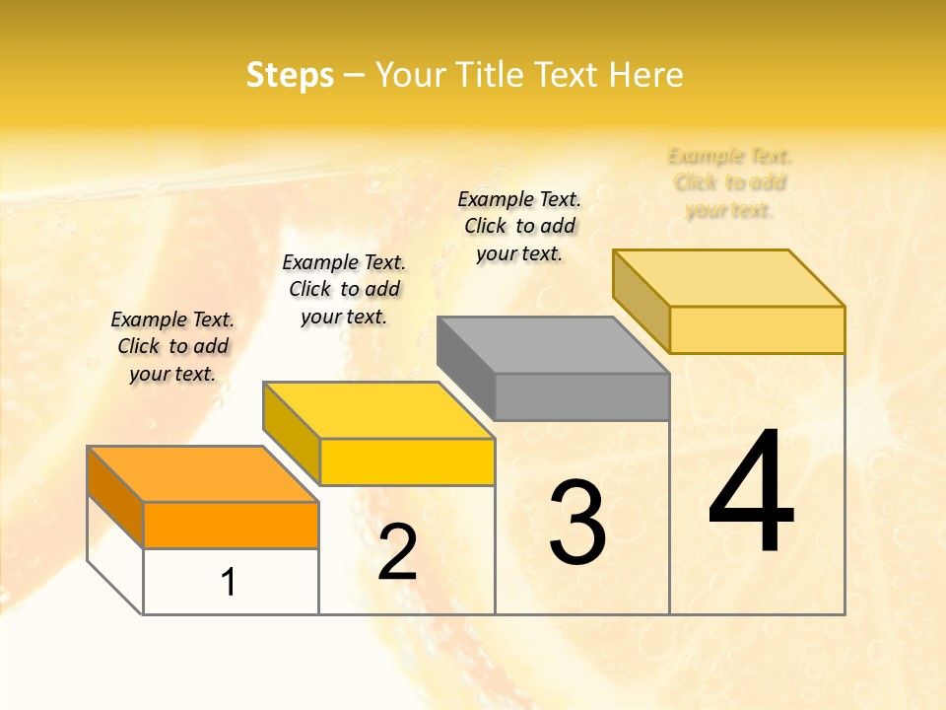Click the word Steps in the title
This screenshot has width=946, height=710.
tap(290, 75)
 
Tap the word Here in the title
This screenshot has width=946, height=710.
tap(645, 75)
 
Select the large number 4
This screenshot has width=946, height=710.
tap(752, 493)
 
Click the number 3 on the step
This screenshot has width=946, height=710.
tap(577, 524)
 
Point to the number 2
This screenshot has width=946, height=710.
tap(397, 552)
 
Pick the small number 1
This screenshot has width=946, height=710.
tap(229, 583)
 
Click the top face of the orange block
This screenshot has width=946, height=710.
tap(202, 474)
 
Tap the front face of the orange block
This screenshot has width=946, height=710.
tap(231, 525)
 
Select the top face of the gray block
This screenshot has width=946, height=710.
tap(552, 345)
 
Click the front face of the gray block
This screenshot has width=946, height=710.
tap(581, 396)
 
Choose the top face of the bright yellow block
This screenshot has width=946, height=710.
tap(377, 410)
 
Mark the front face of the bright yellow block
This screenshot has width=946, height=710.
tap(407, 461)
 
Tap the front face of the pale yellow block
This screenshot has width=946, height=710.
tap(757, 329)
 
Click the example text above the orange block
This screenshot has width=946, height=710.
tap(172, 346)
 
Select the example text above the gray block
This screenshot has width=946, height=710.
tap(519, 226)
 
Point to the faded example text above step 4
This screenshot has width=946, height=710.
tap(730, 182)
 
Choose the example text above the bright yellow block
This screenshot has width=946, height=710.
tap(344, 289)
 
